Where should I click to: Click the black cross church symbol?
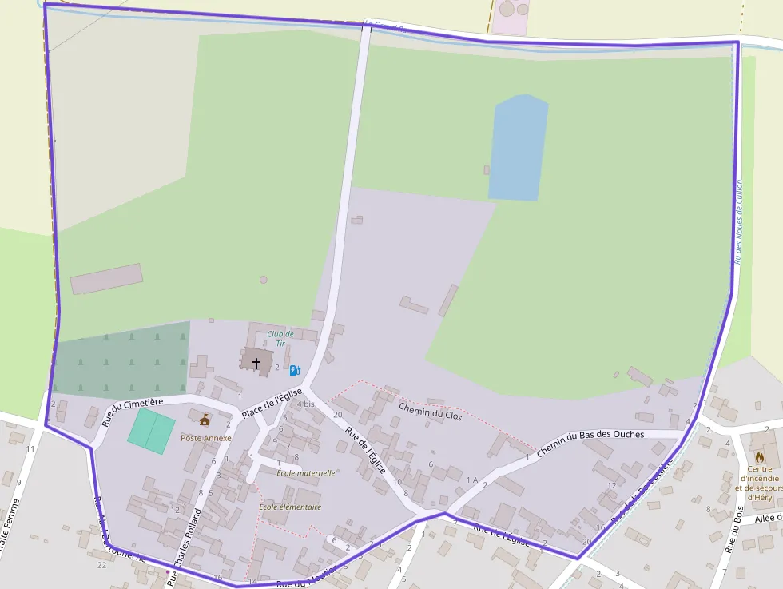point(256,363)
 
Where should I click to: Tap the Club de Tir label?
point(280,338)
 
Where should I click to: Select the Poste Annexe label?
point(205,438)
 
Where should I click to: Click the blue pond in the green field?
point(518,149)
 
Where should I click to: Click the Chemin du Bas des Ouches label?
point(590,444)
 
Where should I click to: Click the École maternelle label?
point(305,473)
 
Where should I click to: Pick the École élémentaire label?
point(290,507)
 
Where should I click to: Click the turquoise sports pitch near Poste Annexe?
point(151,431)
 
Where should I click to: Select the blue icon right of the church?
point(295,370)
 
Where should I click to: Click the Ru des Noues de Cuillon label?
point(739,221)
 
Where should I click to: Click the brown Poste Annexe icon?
point(205,420)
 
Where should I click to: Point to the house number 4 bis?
point(305,404)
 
